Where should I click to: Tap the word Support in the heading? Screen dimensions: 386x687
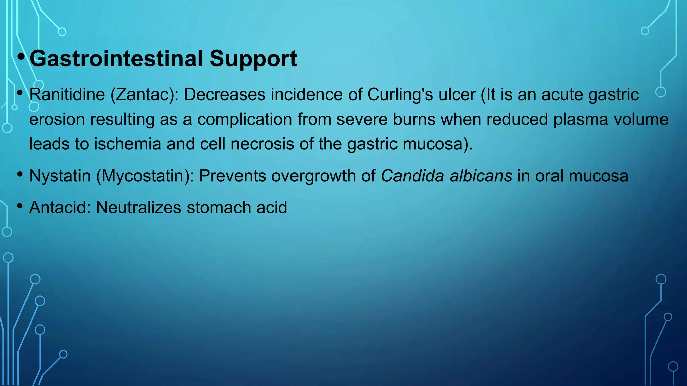click(253, 59)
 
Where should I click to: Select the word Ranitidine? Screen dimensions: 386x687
click(67, 95)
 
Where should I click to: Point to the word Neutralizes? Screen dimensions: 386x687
click(139, 208)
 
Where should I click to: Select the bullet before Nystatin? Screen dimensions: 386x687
click(20, 174)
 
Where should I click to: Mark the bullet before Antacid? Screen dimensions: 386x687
click(20, 206)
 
